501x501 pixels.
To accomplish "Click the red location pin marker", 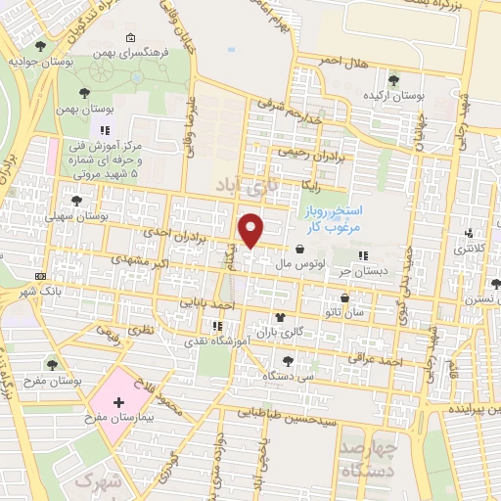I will tap(252, 230).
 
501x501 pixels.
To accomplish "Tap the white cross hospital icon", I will tap(119, 402).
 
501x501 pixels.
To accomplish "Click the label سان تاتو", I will tap(345, 312).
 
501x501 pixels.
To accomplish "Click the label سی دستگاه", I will tap(294, 375).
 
